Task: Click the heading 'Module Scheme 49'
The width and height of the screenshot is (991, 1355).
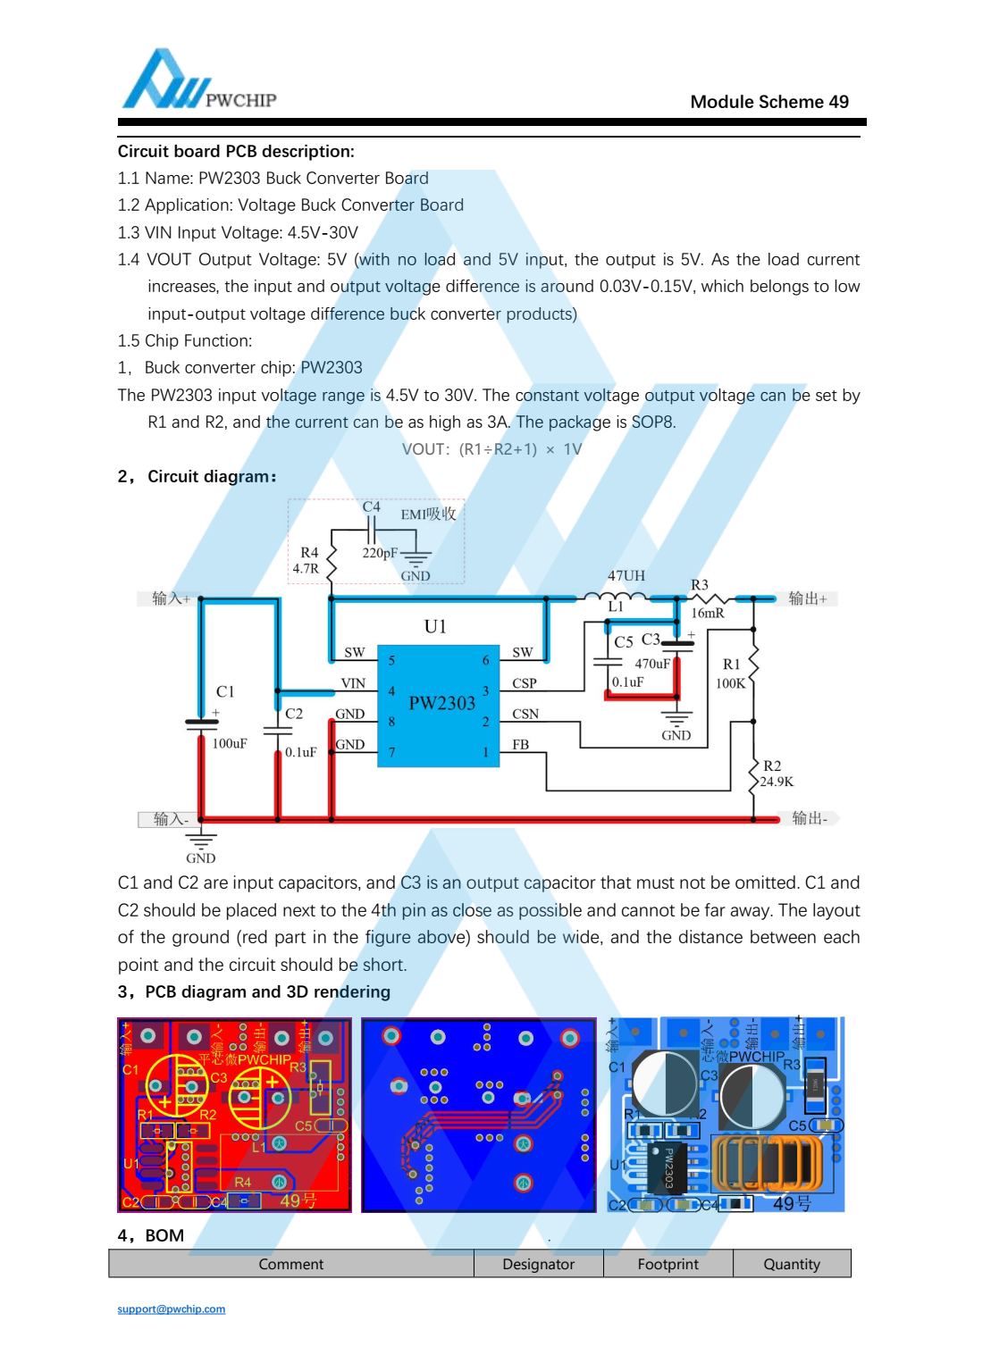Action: [768, 102]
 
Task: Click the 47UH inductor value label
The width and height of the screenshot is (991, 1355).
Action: [626, 576]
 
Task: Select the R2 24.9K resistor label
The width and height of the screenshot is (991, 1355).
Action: [775, 774]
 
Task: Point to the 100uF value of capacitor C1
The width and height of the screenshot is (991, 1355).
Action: [230, 743]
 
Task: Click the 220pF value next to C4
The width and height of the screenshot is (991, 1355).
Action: [380, 553]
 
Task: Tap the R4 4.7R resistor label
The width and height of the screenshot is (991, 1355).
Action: [307, 561]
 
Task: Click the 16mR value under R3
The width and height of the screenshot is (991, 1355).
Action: [708, 613]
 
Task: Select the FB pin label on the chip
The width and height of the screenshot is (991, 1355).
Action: [520, 745]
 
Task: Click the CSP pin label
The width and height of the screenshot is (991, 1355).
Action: [525, 683]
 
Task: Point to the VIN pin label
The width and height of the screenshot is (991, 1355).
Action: [353, 683]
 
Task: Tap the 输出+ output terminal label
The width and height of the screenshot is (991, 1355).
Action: [808, 598]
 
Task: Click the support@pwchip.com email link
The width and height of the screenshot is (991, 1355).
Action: [172, 1309]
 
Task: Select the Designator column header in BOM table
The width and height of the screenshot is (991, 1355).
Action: [538, 1264]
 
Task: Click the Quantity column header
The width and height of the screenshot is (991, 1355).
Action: [791, 1264]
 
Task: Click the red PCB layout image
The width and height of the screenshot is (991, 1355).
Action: [234, 1115]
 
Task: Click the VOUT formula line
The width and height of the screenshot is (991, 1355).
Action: [491, 449]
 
